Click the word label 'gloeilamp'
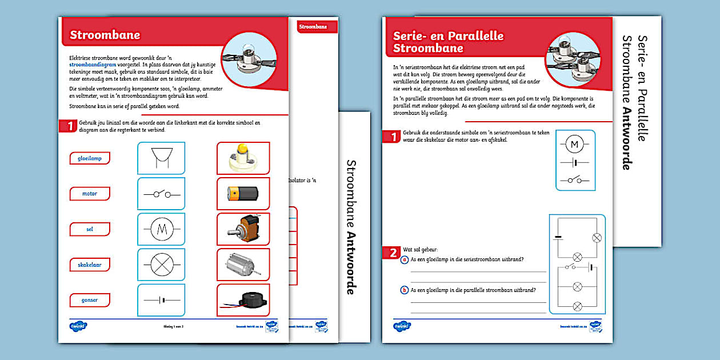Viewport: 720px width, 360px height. (89, 158)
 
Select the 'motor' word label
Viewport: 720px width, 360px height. (89, 194)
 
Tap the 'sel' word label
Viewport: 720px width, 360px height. (89, 229)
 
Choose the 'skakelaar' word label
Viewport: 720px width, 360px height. (89, 265)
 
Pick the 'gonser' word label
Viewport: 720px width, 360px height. (89, 300)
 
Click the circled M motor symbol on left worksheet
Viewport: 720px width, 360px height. (161, 229)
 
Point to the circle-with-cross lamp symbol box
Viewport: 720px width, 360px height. (161, 265)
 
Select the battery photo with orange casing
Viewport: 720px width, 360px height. (243, 194)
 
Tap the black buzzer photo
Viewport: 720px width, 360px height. (243, 300)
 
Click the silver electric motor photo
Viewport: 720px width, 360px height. (243, 265)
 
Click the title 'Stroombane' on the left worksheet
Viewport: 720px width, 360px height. (105, 35)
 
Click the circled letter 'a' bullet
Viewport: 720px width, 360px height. (405, 259)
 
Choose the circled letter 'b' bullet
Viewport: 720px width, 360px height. (405, 290)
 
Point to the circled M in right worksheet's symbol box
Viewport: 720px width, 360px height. (575, 145)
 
